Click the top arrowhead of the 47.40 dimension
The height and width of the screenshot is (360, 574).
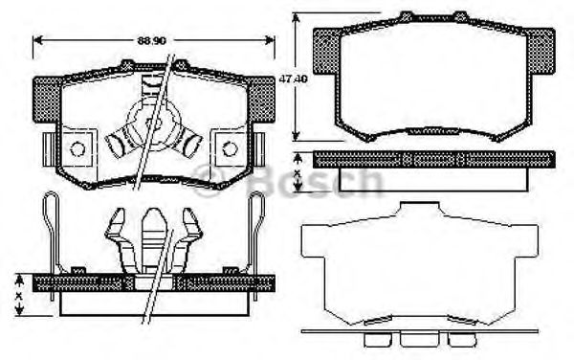pyautogui.click(x=297, y=17)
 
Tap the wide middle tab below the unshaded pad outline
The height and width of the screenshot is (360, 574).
pyautogui.click(x=414, y=338)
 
